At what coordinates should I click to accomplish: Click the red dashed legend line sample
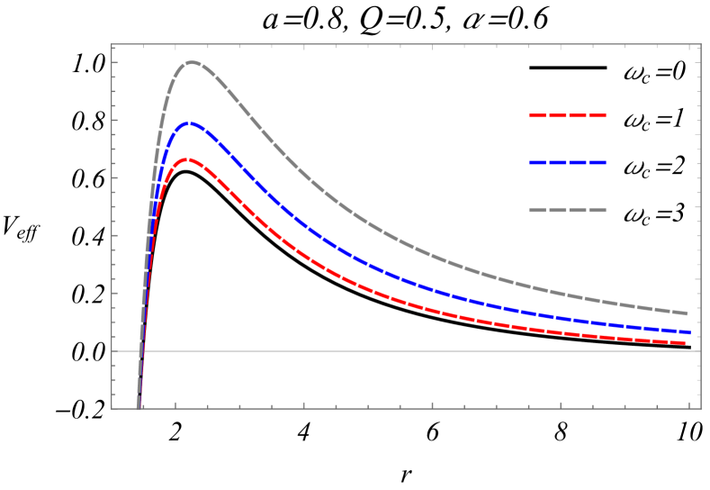click(x=568, y=116)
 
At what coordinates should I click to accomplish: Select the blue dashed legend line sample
click(x=568, y=163)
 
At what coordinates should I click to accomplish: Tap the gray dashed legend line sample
click(x=568, y=210)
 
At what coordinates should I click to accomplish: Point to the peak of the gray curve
click(x=192, y=62)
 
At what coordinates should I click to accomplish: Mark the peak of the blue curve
click(x=189, y=123)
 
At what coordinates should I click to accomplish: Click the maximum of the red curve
click(x=186, y=159)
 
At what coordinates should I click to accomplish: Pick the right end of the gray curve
click(x=688, y=313)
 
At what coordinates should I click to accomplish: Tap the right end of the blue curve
click(x=689, y=332)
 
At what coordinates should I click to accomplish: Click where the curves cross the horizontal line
click(x=141, y=351)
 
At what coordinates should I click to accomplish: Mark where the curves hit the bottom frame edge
click(x=138, y=408)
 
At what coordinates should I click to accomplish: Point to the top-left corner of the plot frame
click(x=112, y=44)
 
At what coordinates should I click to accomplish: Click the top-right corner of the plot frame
click(x=700, y=44)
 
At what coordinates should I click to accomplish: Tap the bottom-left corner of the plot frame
click(x=112, y=408)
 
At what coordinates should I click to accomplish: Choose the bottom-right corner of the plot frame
click(x=700, y=408)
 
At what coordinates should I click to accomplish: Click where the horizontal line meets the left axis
click(x=112, y=351)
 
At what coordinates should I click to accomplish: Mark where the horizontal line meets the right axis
click(x=700, y=351)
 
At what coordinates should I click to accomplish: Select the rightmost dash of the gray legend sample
click(x=598, y=210)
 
